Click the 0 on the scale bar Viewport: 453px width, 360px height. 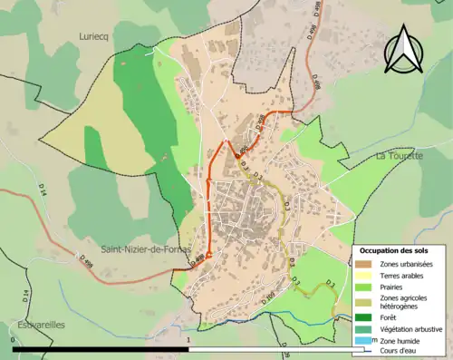click(x=14, y=339)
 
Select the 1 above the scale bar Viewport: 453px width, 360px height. click(x=188, y=339)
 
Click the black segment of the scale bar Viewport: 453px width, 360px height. click(x=100, y=348)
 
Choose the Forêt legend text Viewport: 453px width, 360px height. click(x=390, y=318)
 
